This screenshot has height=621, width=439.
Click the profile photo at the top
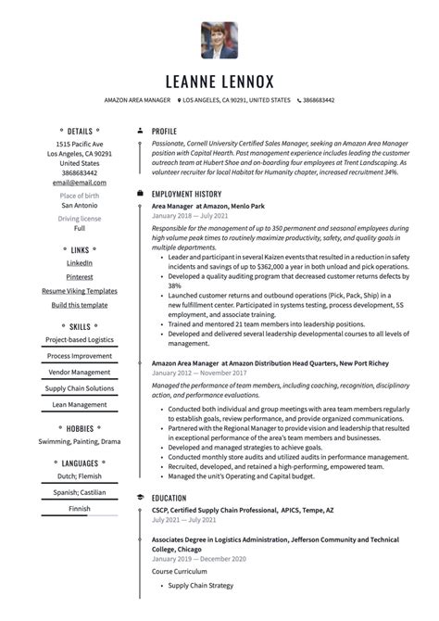[219, 40]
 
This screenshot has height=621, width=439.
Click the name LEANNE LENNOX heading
[219, 81]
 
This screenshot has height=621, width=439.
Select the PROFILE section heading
[164, 132]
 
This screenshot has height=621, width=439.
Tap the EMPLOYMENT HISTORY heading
[187, 194]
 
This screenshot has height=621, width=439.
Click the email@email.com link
[80, 183]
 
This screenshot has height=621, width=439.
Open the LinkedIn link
[80, 263]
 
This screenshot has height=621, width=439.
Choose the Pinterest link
[80, 277]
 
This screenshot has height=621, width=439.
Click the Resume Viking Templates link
[80, 291]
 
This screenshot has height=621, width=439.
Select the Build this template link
[80, 305]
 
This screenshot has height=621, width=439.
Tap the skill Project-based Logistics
[80, 339]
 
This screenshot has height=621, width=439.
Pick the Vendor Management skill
[80, 372]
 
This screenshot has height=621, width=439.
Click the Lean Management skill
[80, 404]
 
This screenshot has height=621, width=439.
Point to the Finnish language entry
[80, 508]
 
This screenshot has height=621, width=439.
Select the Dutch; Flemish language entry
[80, 475]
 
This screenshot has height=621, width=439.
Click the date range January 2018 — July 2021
[191, 215]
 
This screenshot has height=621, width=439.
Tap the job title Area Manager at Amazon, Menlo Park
[207, 205]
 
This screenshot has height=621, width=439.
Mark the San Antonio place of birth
[80, 205]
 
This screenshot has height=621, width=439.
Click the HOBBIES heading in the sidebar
[80, 428]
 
